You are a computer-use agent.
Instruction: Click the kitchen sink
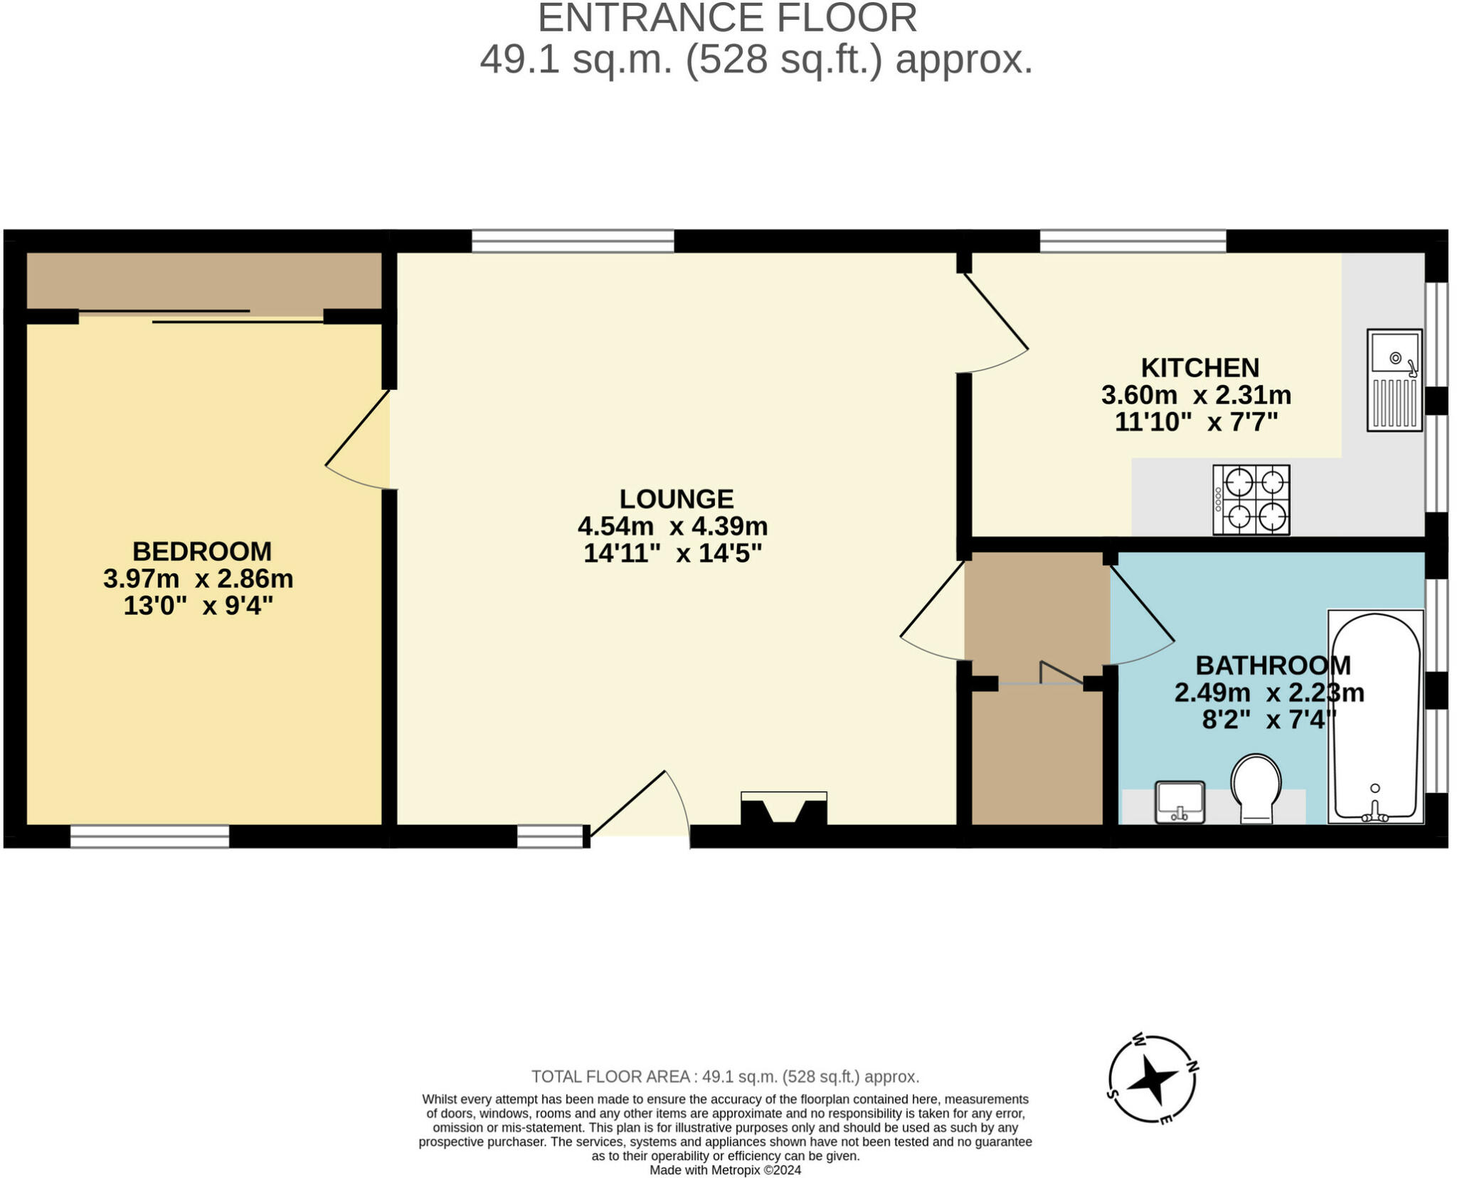[x=1394, y=380]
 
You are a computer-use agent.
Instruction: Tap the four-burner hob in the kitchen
[x=1251, y=500]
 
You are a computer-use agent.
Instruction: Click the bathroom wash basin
[x=1180, y=802]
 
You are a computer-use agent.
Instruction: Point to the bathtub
[x=1376, y=717]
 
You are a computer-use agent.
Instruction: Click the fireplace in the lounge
[x=784, y=809]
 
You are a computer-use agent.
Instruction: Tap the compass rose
[x=1153, y=1079]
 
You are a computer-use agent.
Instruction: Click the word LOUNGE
[x=677, y=499]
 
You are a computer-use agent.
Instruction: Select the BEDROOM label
[x=202, y=552]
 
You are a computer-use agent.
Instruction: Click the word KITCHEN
[x=1200, y=368]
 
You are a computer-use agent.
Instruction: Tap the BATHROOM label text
[x=1273, y=666]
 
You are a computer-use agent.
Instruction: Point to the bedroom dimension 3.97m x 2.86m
[x=198, y=579]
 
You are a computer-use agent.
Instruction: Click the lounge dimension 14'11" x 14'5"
[x=673, y=553]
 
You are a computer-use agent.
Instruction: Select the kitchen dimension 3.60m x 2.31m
[x=1197, y=395]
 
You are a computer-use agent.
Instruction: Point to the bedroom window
[x=150, y=836]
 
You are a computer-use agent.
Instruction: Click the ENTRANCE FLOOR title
[x=727, y=18]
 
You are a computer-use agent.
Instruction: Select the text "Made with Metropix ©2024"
[x=726, y=1170]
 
